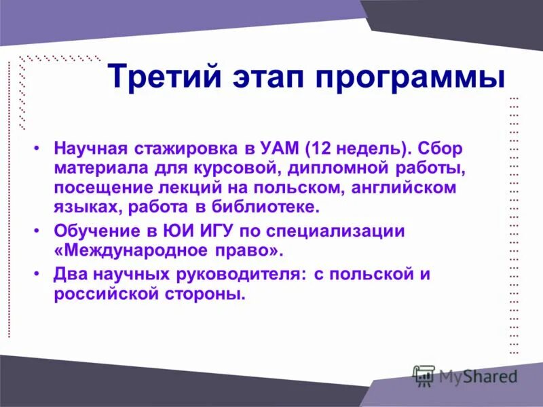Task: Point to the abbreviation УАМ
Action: (x=280, y=148)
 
